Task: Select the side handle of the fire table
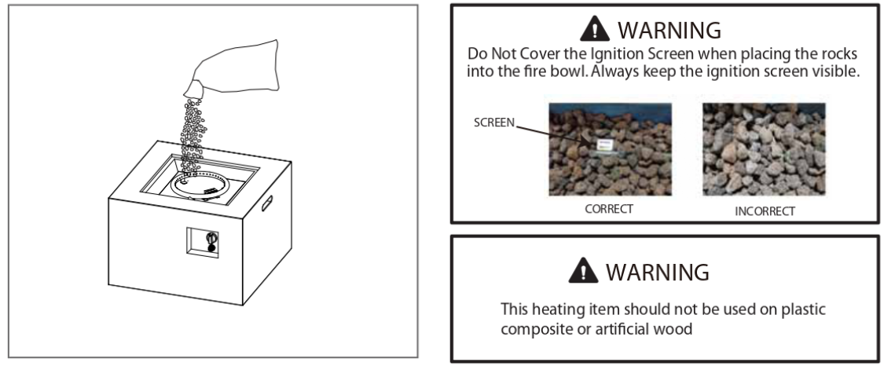coord(266,203)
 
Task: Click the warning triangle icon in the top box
coord(595,29)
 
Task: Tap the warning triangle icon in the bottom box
coord(583,270)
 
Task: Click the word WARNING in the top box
coord(669,30)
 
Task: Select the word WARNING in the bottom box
coord(658,272)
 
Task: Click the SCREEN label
coord(494,123)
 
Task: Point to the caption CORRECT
coord(609,209)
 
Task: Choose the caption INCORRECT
coord(765,211)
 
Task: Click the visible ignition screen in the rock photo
coord(603,145)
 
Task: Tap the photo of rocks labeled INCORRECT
coord(764,149)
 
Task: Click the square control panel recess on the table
coord(203,243)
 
